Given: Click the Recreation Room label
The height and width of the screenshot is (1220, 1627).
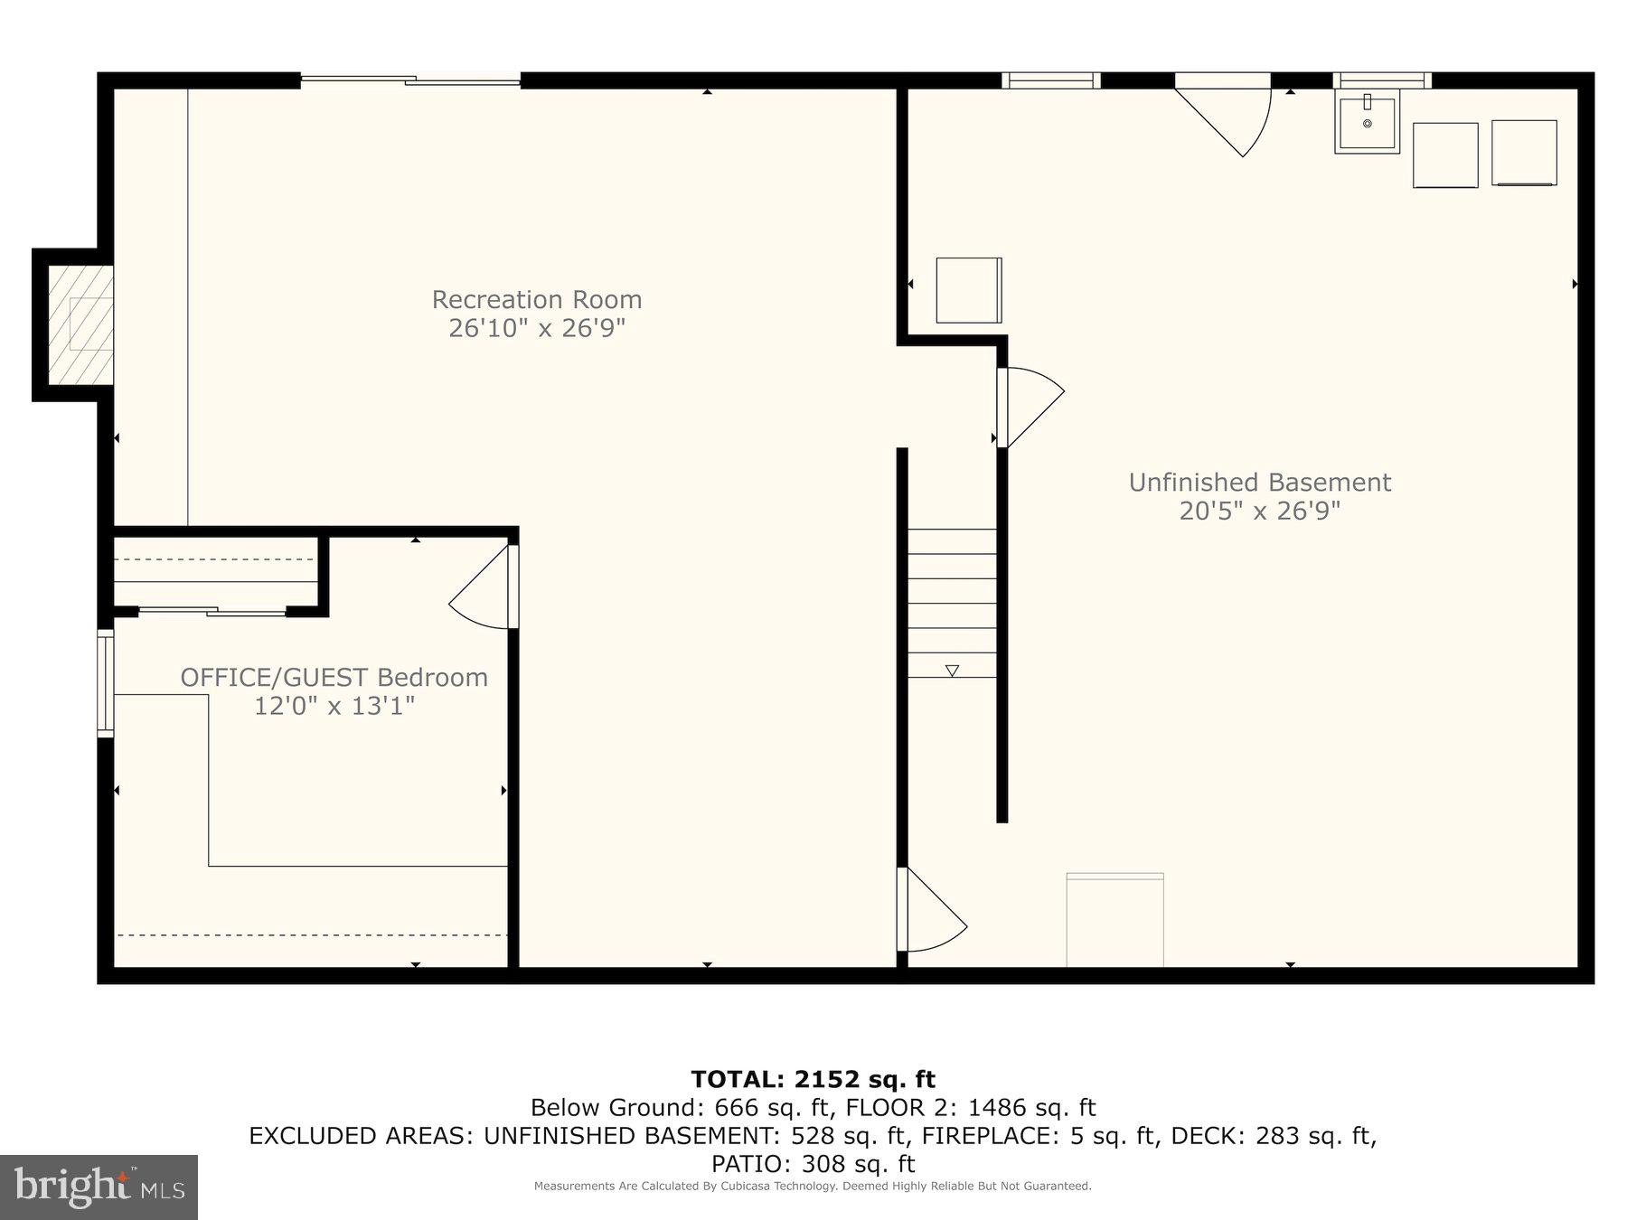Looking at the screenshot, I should tap(536, 299).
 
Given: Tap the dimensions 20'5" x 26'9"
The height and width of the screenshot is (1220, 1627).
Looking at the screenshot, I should tap(1259, 511).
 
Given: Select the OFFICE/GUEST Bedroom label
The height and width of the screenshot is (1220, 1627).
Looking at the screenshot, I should tap(334, 677).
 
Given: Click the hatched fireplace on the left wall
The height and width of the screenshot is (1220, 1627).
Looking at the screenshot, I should tap(80, 324).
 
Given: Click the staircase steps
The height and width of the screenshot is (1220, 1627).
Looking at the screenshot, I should tap(952, 603).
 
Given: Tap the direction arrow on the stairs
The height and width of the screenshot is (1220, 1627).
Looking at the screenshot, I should tap(952, 671).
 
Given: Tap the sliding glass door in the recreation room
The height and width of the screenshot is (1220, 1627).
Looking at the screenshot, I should tap(410, 81).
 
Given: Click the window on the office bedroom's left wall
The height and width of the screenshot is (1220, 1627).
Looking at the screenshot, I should tap(106, 683).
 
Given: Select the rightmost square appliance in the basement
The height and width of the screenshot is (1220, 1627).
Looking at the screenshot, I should tap(1524, 153).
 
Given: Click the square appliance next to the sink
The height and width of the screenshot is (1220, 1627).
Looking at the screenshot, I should tap(1444, 155).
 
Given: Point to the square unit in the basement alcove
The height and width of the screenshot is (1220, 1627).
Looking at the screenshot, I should tap(968, 290).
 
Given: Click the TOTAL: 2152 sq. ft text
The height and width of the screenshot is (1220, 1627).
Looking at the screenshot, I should tap(813, 1079).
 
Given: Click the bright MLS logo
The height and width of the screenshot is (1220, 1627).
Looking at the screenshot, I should tap(99, 1187).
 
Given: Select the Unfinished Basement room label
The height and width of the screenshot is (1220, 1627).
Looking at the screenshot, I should tap(1259, 483).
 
